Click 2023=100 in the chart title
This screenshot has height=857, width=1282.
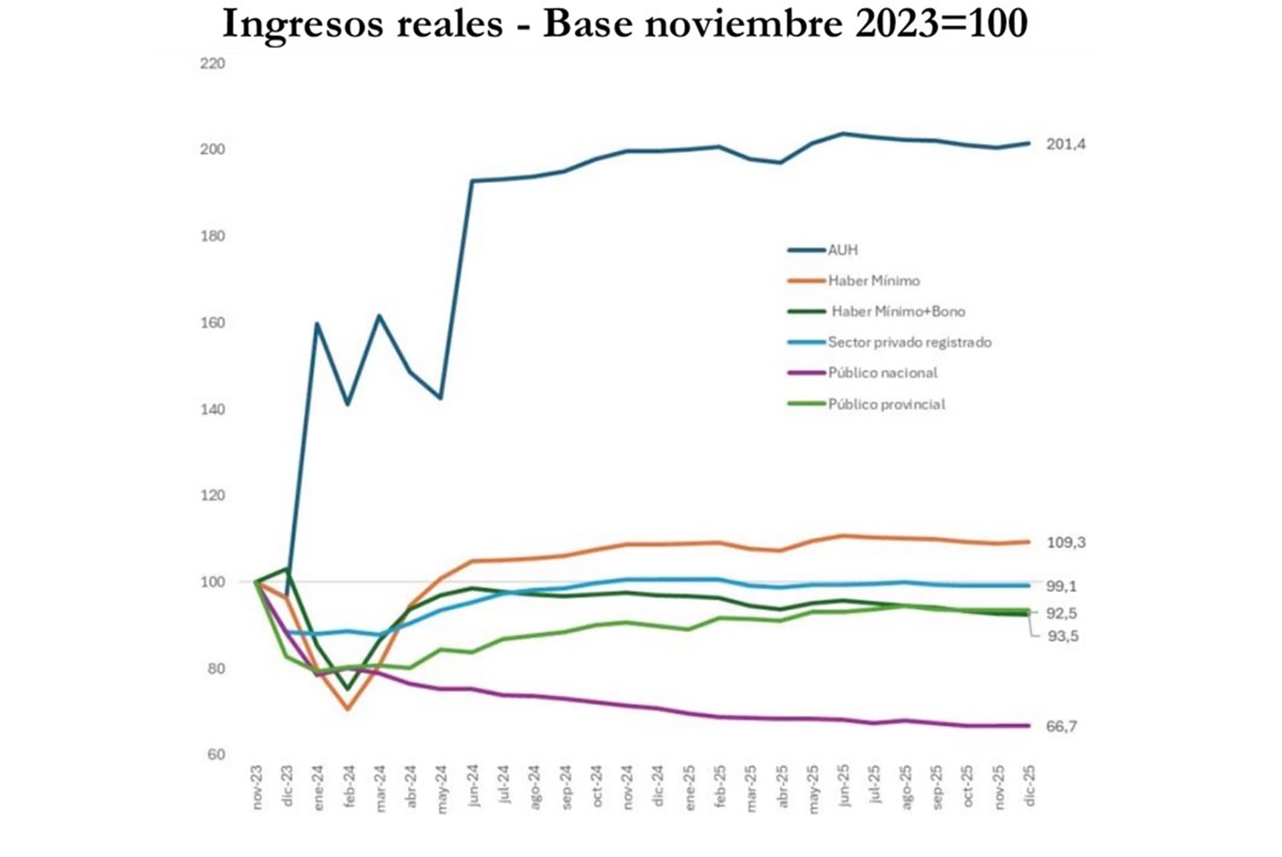point(941,24)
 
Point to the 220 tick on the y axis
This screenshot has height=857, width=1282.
point(212,64)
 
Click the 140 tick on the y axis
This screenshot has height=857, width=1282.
point(212,409)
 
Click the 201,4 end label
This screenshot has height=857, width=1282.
point(1066,144)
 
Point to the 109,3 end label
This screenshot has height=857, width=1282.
point(1066,543)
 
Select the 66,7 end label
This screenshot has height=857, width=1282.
point(1061,727)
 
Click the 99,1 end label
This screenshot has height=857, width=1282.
point(1061,586)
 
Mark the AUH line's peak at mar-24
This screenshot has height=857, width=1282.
point(379,315)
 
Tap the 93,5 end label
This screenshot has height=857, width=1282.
point(1062,637)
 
